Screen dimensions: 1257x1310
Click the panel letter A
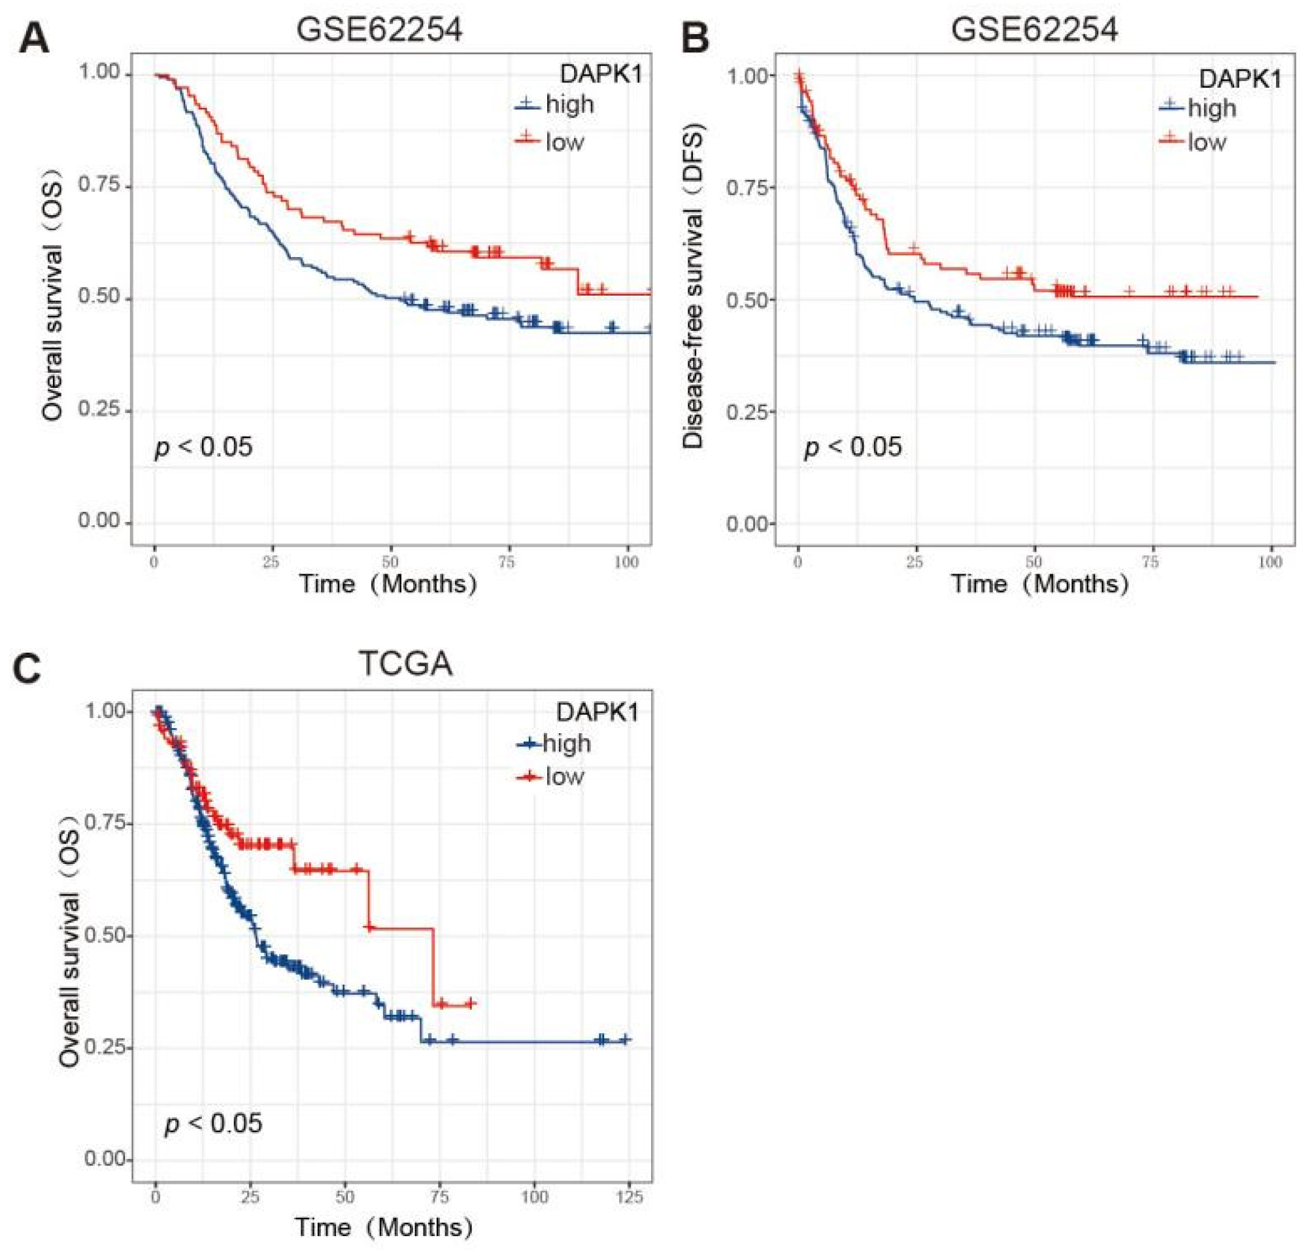(33, 39)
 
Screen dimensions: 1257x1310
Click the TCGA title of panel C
(405, 664)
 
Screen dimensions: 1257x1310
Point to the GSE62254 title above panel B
(1034, 30)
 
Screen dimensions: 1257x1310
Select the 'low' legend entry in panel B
(1207, 142)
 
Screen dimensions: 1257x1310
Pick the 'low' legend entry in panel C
(564, 776)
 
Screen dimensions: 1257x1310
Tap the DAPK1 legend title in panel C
(597, 712)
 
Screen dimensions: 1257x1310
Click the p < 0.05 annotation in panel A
(204, 447)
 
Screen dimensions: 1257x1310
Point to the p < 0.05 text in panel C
(213, 1123)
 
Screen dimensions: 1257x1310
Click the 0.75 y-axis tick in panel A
(99, 184)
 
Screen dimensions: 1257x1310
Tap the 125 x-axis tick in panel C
(628, 1196)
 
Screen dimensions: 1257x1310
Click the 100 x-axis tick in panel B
(1270, 562)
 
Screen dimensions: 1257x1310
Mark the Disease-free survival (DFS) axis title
(693, 286)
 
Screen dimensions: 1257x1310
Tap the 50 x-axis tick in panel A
(390, 562)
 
